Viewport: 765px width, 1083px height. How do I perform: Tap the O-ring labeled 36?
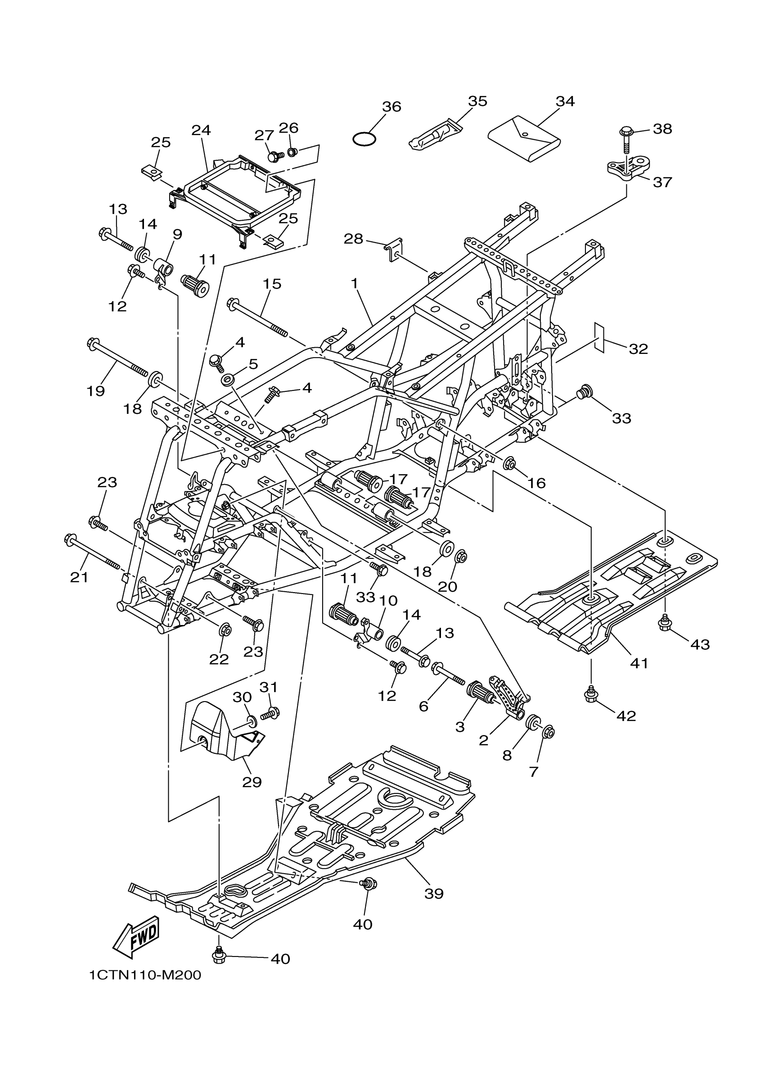[364, 139]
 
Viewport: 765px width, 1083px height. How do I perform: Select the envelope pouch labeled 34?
[524, 139]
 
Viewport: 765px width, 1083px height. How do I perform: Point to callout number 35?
[477, 101]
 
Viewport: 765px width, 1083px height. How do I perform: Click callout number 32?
[638, 349]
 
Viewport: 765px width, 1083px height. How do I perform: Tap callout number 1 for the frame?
[355, 284]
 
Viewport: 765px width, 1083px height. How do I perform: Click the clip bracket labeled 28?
[393, 249]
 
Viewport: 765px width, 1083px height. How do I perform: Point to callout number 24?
[201, 130]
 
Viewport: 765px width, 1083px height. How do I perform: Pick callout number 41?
[639, 663]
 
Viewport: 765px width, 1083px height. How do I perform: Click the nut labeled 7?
[548, 732]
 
